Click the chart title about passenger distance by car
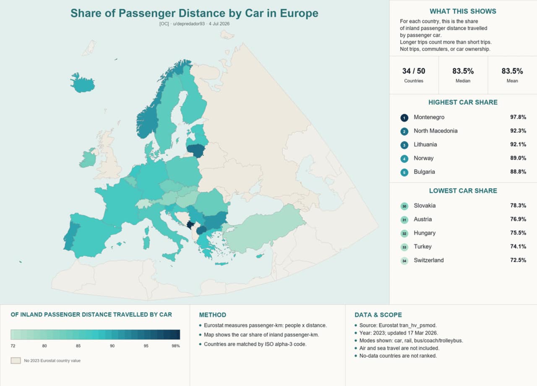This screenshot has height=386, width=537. [x=194, y=13]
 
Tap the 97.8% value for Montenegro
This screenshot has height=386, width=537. [x=518, y=117]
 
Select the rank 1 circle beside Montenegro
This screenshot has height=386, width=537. [x=404, y=118]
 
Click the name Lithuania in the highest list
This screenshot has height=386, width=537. [x=425, y=144]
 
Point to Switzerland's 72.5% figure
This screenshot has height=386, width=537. [x=518, y=260]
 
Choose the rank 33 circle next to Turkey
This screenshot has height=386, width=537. [x=404, y=247]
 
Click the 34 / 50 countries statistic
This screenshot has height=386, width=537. [x=414, y=71]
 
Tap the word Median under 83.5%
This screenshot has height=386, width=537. [x=463, y=81]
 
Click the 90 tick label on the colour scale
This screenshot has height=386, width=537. [x=112, y=346]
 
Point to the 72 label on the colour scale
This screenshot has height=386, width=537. [x=13, y=346]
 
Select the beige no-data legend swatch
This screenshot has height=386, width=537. [x=16, y=360]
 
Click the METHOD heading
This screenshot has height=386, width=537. [x=213, y=315]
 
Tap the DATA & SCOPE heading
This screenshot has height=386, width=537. [x=378, y=315]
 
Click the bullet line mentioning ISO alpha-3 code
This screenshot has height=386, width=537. [x=255, y=344]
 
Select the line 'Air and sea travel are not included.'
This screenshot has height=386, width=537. [x=399, y=348]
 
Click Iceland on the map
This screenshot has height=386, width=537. [x=83, y=83]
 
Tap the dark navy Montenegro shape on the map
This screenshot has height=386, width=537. [x=190, y=225]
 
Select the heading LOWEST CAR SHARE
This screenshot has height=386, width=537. [x=463, y=191]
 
